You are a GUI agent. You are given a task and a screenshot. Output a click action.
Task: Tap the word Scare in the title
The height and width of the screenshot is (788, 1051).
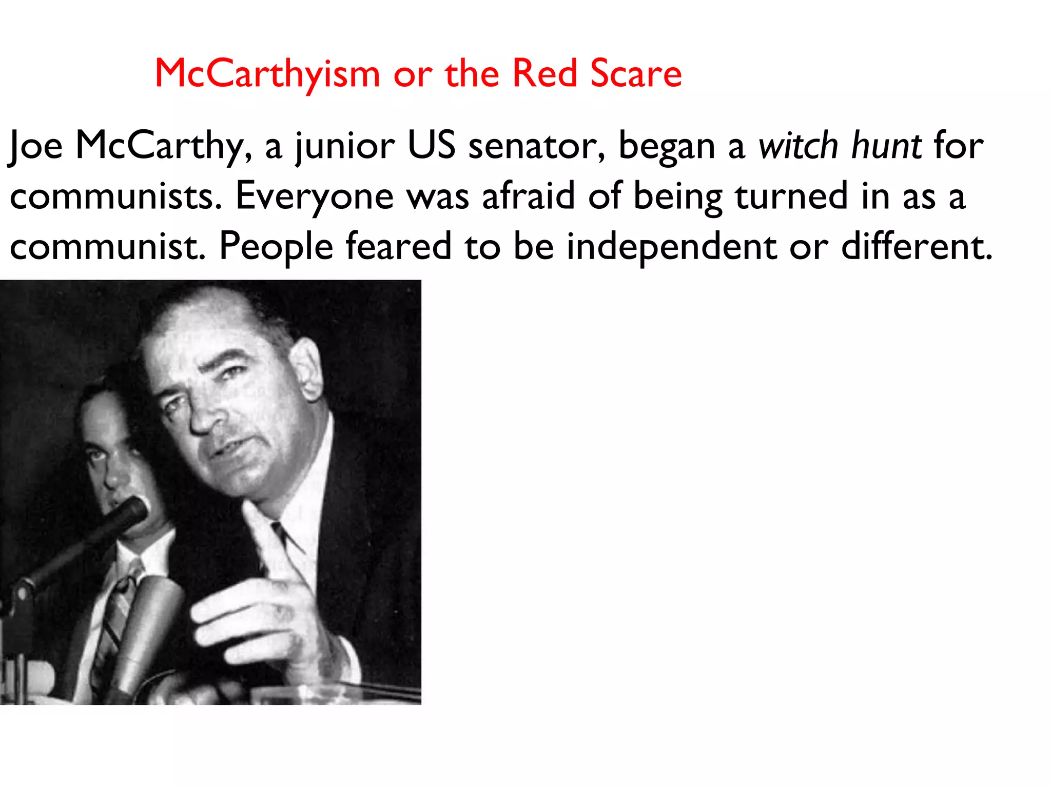pyautogui.click(x=636, y=73)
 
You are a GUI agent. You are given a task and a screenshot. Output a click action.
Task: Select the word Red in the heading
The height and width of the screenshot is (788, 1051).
pyautogui.click(x=544, y=73)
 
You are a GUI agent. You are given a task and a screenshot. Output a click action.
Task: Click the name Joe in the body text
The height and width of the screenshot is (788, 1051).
pyautogui.click(x=36, y=146)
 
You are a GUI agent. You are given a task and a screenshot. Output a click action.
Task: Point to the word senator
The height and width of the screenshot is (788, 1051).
pyautogui.click(x=537, y=146)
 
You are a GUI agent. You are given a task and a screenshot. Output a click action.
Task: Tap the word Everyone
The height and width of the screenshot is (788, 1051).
pyautogui.click(x=314, y=197)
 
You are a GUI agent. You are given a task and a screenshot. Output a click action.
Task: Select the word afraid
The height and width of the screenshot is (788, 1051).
pyautogui.click(x=529, y=196)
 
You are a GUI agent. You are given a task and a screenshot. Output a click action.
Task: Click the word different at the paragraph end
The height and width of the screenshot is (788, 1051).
pyautogui.click(x=917, y=246)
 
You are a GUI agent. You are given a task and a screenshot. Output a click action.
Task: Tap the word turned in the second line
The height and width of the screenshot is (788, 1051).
pyautogui.click(x=791, y=196)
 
